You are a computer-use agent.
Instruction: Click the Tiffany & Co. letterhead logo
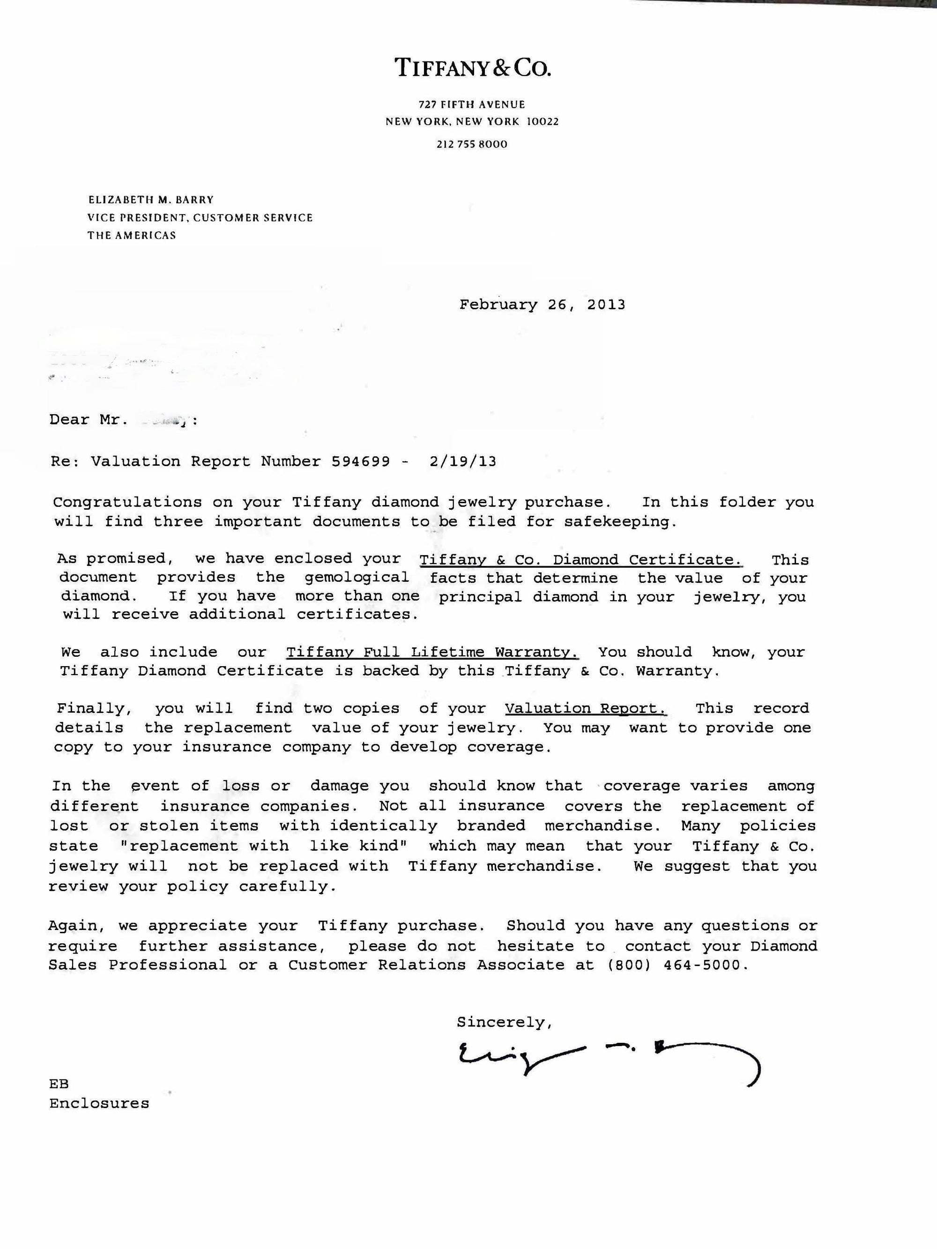click(x=472, y=68)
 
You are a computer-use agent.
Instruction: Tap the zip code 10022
click(x=542, y=121)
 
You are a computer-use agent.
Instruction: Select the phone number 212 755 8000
click(x=472, y=144)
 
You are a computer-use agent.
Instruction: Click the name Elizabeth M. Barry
click(x=151, y=199)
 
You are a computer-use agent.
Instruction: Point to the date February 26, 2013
click(x=542, y=305)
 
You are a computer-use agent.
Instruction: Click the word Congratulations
click(x=127, y=502)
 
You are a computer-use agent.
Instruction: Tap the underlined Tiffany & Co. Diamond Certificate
click(x=580, y=559)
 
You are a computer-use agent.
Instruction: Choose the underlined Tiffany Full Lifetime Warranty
click(x=432, y=652)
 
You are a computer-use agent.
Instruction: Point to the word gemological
click(x=357, y=577)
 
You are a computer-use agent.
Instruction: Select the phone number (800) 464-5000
click(x=677, y=965)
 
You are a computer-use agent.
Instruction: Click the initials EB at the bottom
click(x=59, y=1084)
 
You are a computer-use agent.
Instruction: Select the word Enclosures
click(x=99, y=1103)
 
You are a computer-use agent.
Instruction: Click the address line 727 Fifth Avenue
click(x=472, y=104)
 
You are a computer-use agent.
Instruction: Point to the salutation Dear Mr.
click(x=85, y=419)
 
